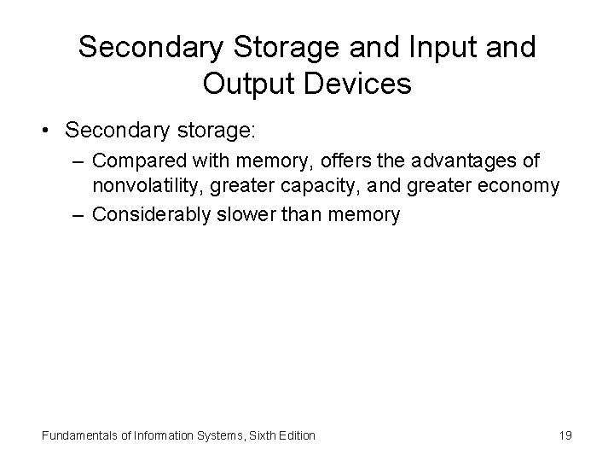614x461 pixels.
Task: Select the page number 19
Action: (x=565, y=435)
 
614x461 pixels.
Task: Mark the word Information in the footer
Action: (x=157, y=435)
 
